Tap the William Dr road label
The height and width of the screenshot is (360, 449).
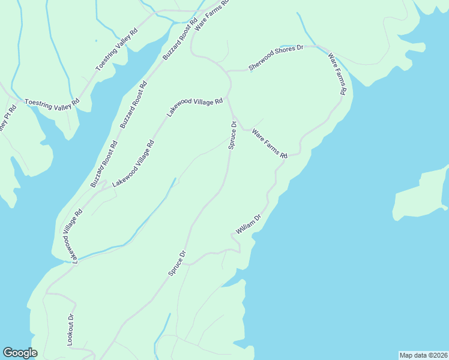click(249, 224)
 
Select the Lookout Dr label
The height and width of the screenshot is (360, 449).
click(70, 329)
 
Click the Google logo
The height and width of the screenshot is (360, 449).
click(20, 353)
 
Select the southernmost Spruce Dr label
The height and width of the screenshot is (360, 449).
click(178, 263)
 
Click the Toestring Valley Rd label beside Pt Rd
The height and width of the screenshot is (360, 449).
click(52, 103)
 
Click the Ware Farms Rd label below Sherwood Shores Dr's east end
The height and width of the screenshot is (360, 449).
click(337, 75)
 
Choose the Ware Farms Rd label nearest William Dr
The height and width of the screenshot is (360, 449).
click(270, 143)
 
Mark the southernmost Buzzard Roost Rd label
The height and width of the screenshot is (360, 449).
click(104, 164)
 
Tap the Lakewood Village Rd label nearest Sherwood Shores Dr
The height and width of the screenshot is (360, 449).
click(194, 107)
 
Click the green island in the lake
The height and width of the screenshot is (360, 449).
click(420, 195)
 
